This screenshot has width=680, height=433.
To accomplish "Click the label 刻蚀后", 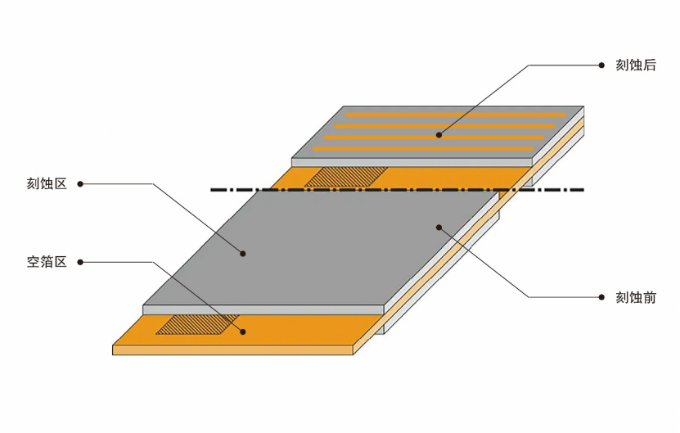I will pyautogui.click(x=636, y=65).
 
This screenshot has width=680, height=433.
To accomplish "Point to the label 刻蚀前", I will pyautogui.click(x=636, y=297).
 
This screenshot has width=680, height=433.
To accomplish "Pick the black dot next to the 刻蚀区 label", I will pyautogui.click(x=79, y=184).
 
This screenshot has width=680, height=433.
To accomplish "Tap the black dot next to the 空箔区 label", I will pyautogui.click(x=79, y=262).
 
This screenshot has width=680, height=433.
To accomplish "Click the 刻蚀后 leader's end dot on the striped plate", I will pyautogui.click(x=439, y=135).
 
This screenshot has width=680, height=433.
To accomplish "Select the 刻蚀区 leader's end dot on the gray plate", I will pyautogui.click(x=243, y=255).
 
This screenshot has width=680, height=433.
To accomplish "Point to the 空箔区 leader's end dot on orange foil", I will pyautogui.click(x=243, y=332).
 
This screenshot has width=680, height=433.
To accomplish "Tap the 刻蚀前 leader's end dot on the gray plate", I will pyautogui.click(x=439, y=226).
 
